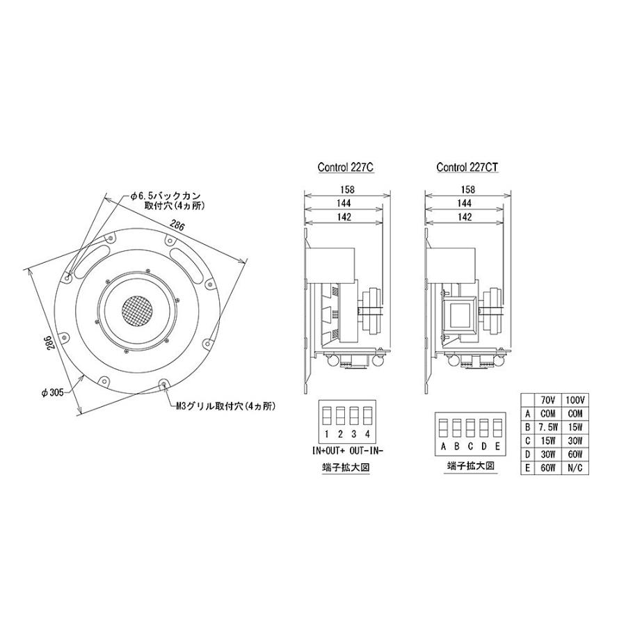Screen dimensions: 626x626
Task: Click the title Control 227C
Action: (x=346, y=167)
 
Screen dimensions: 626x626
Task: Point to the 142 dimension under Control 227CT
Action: (x=465, y=216)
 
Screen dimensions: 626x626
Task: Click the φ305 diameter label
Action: (x=53, y=392)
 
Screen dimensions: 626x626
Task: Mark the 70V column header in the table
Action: (x=547, y=400)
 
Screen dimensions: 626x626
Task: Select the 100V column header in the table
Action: (x=575, y=400)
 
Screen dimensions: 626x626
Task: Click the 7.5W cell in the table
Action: (x=547, y=426)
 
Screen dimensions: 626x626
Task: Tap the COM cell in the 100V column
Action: (x=575, y=413)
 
